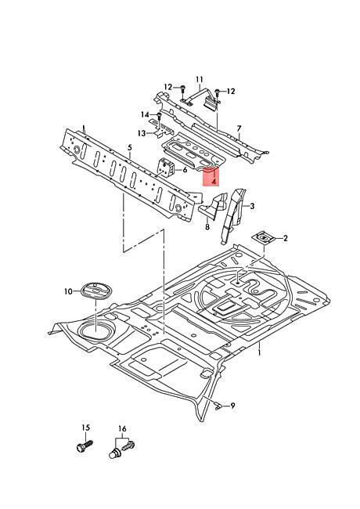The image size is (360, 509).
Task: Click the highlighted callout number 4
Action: [x=214, y=182]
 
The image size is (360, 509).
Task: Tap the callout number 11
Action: [x=199, y=79]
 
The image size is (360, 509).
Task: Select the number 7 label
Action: [x=239, y=128]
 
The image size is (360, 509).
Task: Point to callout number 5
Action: [x=130, y=148]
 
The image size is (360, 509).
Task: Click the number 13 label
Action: [x=142, y=133]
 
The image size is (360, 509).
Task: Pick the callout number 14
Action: [x=145, y=114]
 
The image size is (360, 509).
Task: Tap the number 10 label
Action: [x=68, y=291]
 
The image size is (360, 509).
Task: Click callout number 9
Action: [x=232, y=406]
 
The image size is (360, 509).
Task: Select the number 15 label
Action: [x=85, y=428]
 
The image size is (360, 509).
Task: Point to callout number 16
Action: [x=122, y=429]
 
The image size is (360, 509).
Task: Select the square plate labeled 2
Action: [x=264, y=237]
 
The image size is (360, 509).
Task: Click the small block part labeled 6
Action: [x=166, y=168]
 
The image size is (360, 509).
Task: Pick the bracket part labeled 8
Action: [x=214, y=206]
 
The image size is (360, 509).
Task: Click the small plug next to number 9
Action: [x=218, y=405]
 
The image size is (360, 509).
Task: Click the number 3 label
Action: [x=252, y=206]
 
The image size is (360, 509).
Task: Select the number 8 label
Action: [x=207, y=227]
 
